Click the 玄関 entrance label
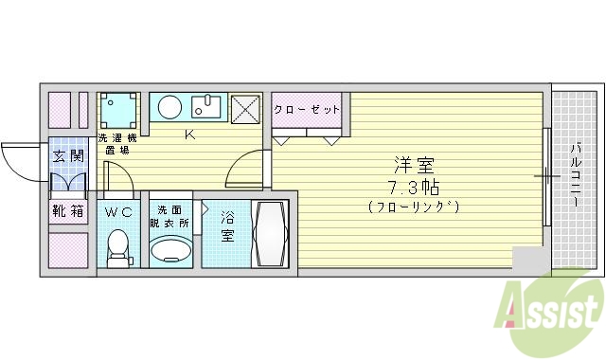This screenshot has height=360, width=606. pos(68,156)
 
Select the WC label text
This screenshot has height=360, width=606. pos(118,212)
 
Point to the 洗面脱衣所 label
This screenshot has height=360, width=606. pos(172,216)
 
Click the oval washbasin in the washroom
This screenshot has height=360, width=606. pos(171,252)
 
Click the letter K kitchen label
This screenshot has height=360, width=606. pos(189,135)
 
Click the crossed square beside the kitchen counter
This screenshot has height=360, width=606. pos(245,109)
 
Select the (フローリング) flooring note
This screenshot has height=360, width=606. pos(413,206)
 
